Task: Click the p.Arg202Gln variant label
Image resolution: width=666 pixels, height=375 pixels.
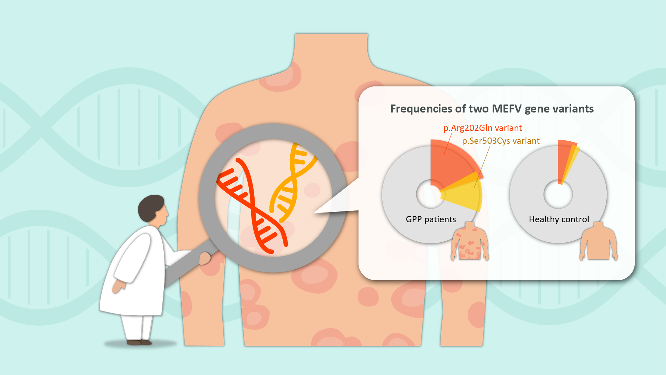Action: click(483, 128)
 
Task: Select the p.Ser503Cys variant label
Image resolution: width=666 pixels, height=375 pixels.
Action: click(501, 141)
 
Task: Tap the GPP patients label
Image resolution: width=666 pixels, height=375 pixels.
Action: click(430, 219)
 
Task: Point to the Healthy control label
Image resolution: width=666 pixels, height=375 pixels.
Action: click(559, 219)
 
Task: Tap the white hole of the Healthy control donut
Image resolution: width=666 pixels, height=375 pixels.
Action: click(558, 194)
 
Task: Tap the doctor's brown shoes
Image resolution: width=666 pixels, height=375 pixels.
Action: click(139, 342)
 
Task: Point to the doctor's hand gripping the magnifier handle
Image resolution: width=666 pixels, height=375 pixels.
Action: click(205, 258)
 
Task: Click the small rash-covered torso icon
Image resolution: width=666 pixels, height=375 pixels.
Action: click(470, 243)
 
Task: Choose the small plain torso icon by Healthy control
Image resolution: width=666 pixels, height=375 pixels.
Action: click(598, 243)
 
